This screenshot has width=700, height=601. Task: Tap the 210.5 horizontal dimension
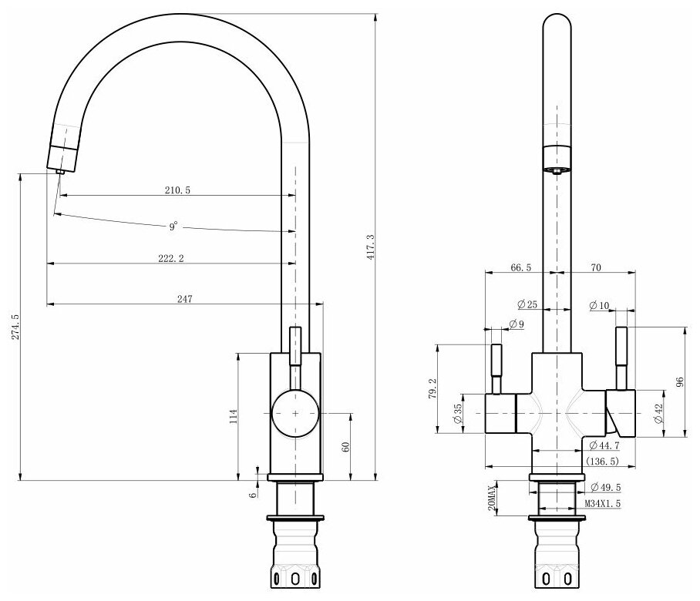[178, 189]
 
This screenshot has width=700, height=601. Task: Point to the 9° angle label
[173, 226]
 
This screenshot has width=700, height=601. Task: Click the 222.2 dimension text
[170, 258]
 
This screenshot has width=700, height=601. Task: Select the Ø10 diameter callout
[599, 306]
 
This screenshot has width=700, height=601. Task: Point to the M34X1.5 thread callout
[603, 502]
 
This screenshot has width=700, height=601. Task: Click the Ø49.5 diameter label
[606, 488]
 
